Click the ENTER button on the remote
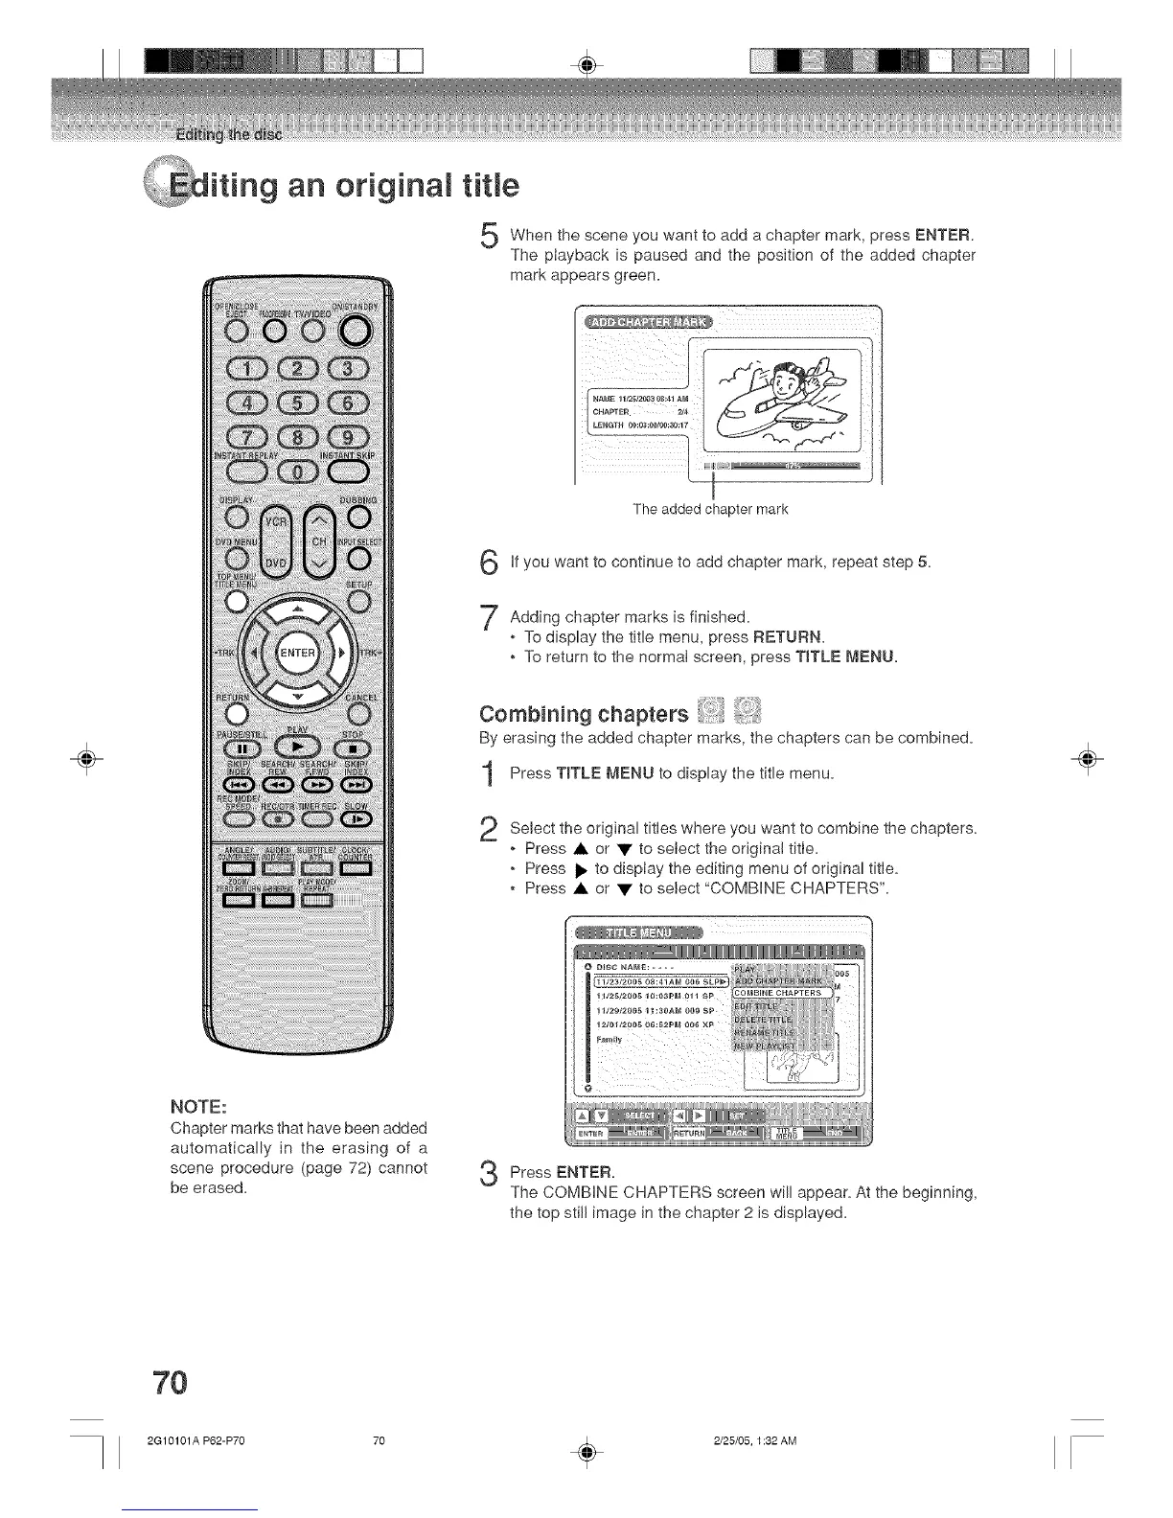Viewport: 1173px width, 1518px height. pos(297,654)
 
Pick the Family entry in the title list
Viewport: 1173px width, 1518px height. pos(609,1038)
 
